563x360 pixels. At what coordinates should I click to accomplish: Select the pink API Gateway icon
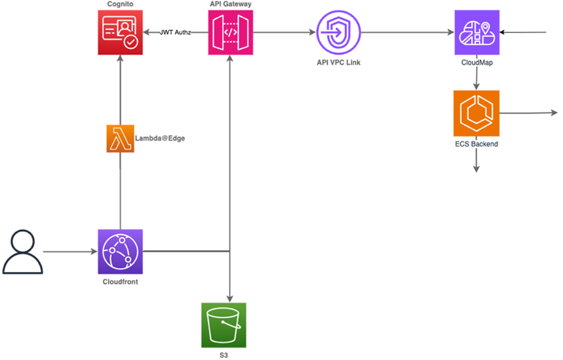pyautogui.click(x=231, y=33)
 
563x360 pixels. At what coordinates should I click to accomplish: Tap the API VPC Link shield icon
pyautogui.click(x=339, y=33)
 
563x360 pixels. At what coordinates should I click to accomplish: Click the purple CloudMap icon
pyautogui.click(x=477, y=32)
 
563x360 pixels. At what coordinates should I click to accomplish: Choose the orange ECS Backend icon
pyautogui.click(x=476, y=114)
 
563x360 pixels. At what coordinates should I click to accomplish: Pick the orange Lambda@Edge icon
pyautogui.click(x=120, y=138)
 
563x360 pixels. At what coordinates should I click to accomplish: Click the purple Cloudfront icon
pyautogui.click(x=120, y=251)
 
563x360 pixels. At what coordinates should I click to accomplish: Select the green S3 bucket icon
pyautogui.click(x=224, y=325)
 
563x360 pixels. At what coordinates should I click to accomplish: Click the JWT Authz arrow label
pyautogui.click(x=175, y=33)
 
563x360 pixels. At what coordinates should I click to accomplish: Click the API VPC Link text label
pyautogui.click(x=339, y=62)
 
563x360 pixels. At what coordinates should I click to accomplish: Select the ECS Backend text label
pyautogui.click(x=476, y=144)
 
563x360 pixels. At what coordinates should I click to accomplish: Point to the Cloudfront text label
pyautogui.click(x=120, y=282)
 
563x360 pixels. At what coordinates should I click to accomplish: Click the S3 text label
pyautogui.click(x=224, y=355)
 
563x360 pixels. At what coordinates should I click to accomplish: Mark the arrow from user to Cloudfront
pyautogui.click(x=70, y=252)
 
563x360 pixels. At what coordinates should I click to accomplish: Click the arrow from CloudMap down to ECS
pyautogui.click(x=476, y=75)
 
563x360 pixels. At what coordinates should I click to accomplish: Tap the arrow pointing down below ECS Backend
pyautogui.click(x=476, y=161)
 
